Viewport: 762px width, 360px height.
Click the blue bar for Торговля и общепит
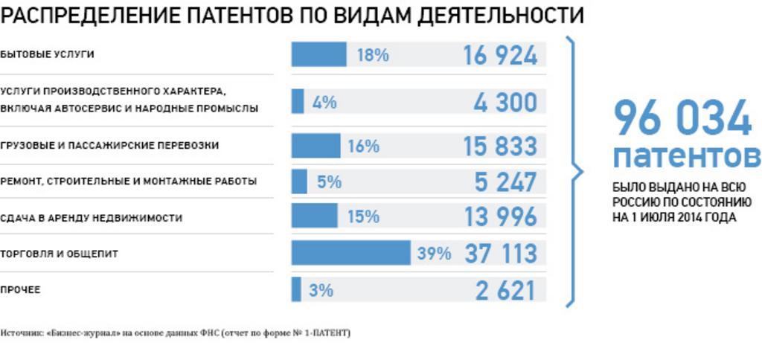point(350,253)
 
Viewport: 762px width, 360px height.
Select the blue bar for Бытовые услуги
point(318,54)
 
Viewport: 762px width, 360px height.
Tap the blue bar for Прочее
point(296,289)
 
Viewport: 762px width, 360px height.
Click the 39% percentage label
point(434,254)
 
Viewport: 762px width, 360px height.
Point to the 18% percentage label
point(373,55)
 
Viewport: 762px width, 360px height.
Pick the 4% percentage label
point(324,102)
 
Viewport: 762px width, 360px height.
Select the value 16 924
point(500,55)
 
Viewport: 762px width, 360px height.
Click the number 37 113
point(500,254)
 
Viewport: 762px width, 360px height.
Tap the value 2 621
point(506,290)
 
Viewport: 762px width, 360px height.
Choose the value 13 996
point(500,217)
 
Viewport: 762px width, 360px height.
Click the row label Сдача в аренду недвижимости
point(92,218)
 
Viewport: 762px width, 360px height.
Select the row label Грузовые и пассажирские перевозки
point(110,146)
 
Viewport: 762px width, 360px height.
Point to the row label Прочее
point(21,290)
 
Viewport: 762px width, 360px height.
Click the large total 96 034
point(682,119)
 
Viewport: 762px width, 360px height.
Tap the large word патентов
point(686,157)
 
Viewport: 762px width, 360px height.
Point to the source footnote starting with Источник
point(176,332)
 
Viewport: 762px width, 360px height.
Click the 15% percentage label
point(363,217)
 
